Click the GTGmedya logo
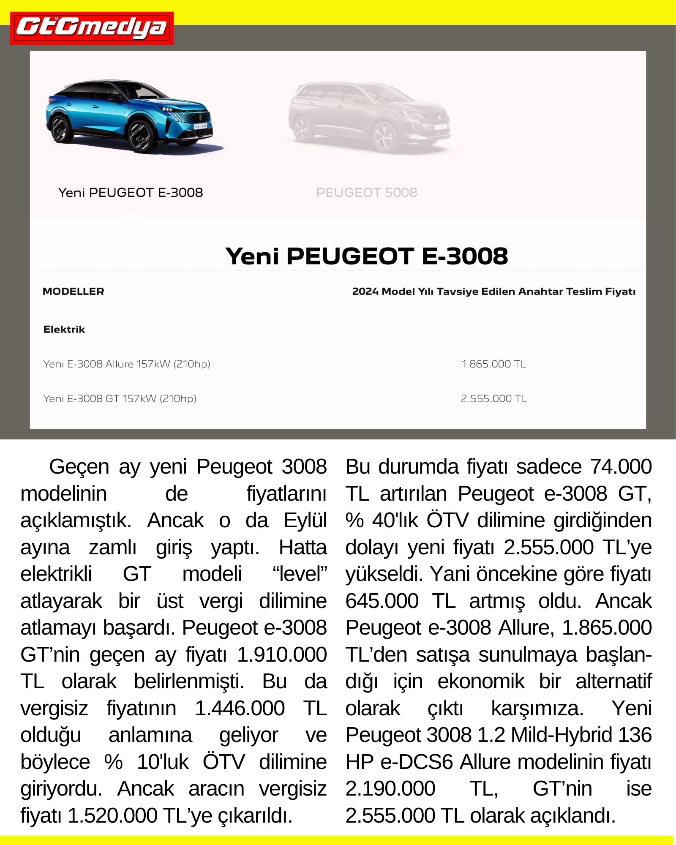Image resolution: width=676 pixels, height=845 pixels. (92, 28)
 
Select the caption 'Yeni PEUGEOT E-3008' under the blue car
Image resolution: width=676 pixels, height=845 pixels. (131, 193)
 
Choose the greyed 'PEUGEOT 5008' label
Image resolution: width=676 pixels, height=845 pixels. (366, 193)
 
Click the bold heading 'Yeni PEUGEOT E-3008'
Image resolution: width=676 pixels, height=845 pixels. (366, 256)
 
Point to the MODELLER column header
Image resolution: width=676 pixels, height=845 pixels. (73, 292)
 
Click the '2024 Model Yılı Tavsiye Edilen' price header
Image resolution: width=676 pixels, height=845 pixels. (493, 292)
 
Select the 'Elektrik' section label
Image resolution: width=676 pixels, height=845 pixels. (64, 330)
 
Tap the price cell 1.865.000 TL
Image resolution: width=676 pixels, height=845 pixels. (493, 364)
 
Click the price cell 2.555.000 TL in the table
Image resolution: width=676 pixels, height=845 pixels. (493, 398)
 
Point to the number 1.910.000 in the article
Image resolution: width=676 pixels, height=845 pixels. (281, 655)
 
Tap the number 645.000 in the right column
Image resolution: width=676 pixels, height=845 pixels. (382, 601)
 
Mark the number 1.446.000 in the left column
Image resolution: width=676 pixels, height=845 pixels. (240, 709)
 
